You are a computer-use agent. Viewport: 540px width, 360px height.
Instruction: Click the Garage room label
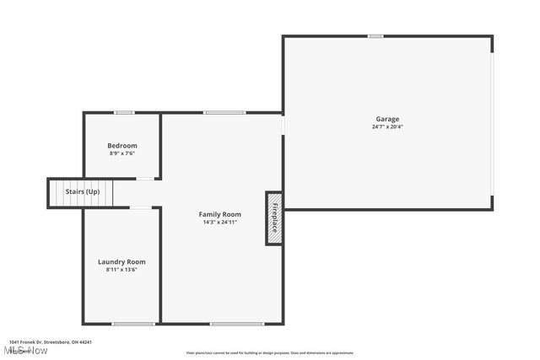click(x=387, y=119)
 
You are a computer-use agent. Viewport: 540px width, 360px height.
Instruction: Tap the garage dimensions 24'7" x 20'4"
click(x=387, y=127)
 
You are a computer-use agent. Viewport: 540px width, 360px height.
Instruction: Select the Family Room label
click(x=220, y=214)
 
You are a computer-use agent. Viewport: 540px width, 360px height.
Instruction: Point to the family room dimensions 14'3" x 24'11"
click(x=220, y=223)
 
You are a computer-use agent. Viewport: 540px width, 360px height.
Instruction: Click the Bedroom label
click(x=122, y=145)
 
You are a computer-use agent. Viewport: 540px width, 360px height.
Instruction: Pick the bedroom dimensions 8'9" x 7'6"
click(x=122, y=153)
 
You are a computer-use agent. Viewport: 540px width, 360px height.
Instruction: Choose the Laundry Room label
click(x=121, y=261)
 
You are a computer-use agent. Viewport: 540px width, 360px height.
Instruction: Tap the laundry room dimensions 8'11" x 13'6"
click(x=121, y=270)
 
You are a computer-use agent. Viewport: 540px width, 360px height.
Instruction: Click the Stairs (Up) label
click(x=83, y=192)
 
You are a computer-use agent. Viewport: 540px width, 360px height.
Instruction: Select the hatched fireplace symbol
click(x=274, y=218)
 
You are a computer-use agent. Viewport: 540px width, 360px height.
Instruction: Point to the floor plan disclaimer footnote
click(x=270, y=353)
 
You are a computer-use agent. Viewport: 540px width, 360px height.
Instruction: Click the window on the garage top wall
click(x=375, y=36)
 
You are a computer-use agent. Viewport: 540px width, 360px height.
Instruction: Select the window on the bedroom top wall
click(x=125, y=113)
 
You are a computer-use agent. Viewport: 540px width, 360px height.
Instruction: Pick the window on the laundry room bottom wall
click(x=133, y=324)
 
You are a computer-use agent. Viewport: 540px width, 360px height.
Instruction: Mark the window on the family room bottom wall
click(x=231, y=324)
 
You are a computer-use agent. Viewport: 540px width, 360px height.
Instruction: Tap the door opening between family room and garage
click(x=283, y=124)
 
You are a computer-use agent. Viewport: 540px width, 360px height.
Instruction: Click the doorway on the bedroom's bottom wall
click(x=145, y=179)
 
